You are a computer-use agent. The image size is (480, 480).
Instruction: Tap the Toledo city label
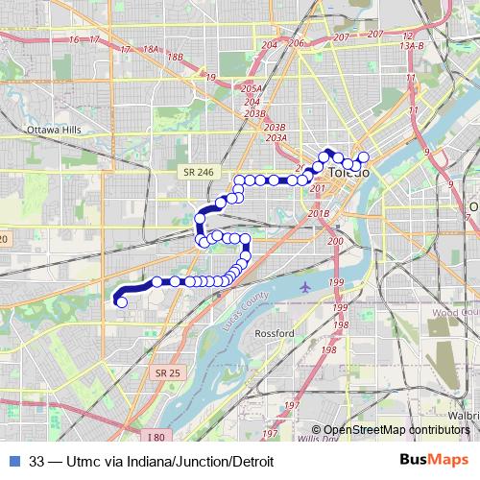[x=348, y=174]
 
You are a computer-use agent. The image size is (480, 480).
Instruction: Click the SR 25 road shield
[x=167, y=372]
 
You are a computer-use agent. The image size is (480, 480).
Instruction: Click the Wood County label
[x=455, y=313]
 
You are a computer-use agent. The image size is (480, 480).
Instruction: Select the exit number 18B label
[x=175, y=58]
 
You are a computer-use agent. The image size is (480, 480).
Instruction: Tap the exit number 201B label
[x=320, y=213]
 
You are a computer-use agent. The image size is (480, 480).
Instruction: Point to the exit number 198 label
[x=328, y=350]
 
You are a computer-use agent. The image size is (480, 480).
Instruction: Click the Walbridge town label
[x=465, y=416]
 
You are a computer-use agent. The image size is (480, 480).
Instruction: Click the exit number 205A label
[x=252, y=88]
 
